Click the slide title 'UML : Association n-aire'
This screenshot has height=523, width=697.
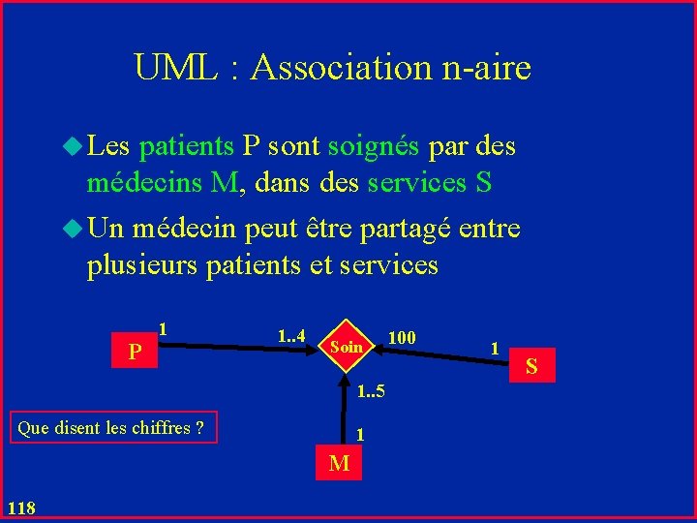click(x=332, y=68)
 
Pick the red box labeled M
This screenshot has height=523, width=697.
click(x=339, y=463)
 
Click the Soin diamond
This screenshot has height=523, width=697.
click(x=346, y=346)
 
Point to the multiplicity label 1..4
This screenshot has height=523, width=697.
click(x=290, y=336)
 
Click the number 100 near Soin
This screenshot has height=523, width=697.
click(x=401, y=337)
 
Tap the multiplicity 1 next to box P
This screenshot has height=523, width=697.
click(x=165, y=328)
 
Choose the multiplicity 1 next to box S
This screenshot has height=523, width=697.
click(x=495, y=347)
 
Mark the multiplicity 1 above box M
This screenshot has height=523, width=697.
click(x=359, y=435)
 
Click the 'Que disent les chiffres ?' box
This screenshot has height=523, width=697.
click(x=113, y=427)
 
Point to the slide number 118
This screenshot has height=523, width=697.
click(x=20, y=508)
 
